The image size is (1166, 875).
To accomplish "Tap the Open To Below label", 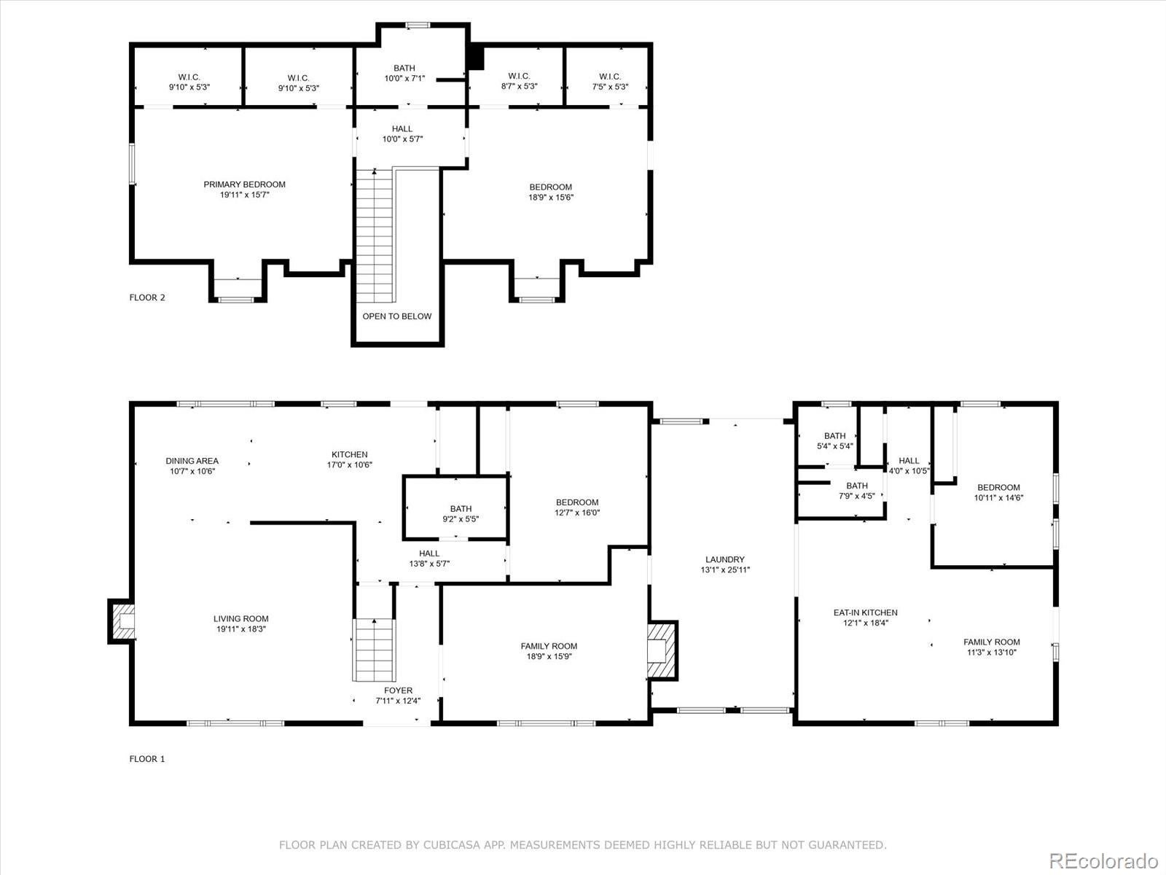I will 397,316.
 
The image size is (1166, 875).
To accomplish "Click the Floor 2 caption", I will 147,297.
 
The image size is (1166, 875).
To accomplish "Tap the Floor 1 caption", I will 147,759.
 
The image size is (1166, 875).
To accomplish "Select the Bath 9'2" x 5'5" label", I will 461,514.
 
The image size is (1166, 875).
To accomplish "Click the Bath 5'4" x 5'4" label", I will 835,441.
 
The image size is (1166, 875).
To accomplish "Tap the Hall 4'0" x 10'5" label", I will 909,465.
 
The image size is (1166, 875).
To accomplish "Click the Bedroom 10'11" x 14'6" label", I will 998,492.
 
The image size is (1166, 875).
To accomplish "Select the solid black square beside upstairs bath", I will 475,57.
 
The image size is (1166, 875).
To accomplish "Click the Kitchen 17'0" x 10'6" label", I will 350,459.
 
